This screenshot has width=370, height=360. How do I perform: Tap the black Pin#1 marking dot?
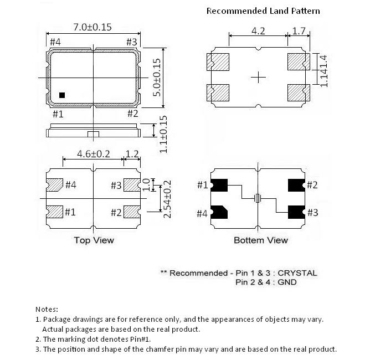pos(62,95)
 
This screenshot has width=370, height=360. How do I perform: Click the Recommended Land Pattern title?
pos(263,11)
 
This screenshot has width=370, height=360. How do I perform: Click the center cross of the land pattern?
pos(258,78)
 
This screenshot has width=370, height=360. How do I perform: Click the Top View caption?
pos(94,240)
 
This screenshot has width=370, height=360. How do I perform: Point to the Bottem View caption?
pos(260,240)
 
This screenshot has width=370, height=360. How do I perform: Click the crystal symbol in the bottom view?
pos(257,198)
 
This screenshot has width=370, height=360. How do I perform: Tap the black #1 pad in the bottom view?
pos(219,185)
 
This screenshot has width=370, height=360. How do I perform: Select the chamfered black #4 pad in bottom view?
pos(219,212)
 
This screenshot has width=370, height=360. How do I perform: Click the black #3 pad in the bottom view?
pos(295,212)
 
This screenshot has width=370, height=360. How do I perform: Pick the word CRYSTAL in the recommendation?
pos(297,273)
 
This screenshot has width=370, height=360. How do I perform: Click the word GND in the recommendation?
pos(287,282)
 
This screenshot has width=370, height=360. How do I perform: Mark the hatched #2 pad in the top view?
pos(131,212)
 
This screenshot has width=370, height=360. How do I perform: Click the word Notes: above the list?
pos(47,309)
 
